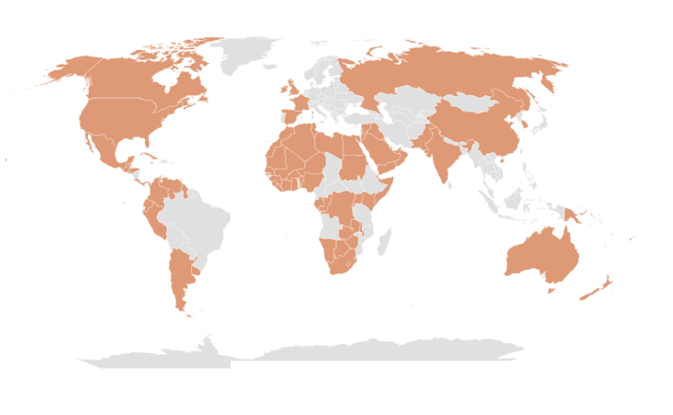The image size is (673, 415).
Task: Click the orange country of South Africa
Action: coord(341,262)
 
